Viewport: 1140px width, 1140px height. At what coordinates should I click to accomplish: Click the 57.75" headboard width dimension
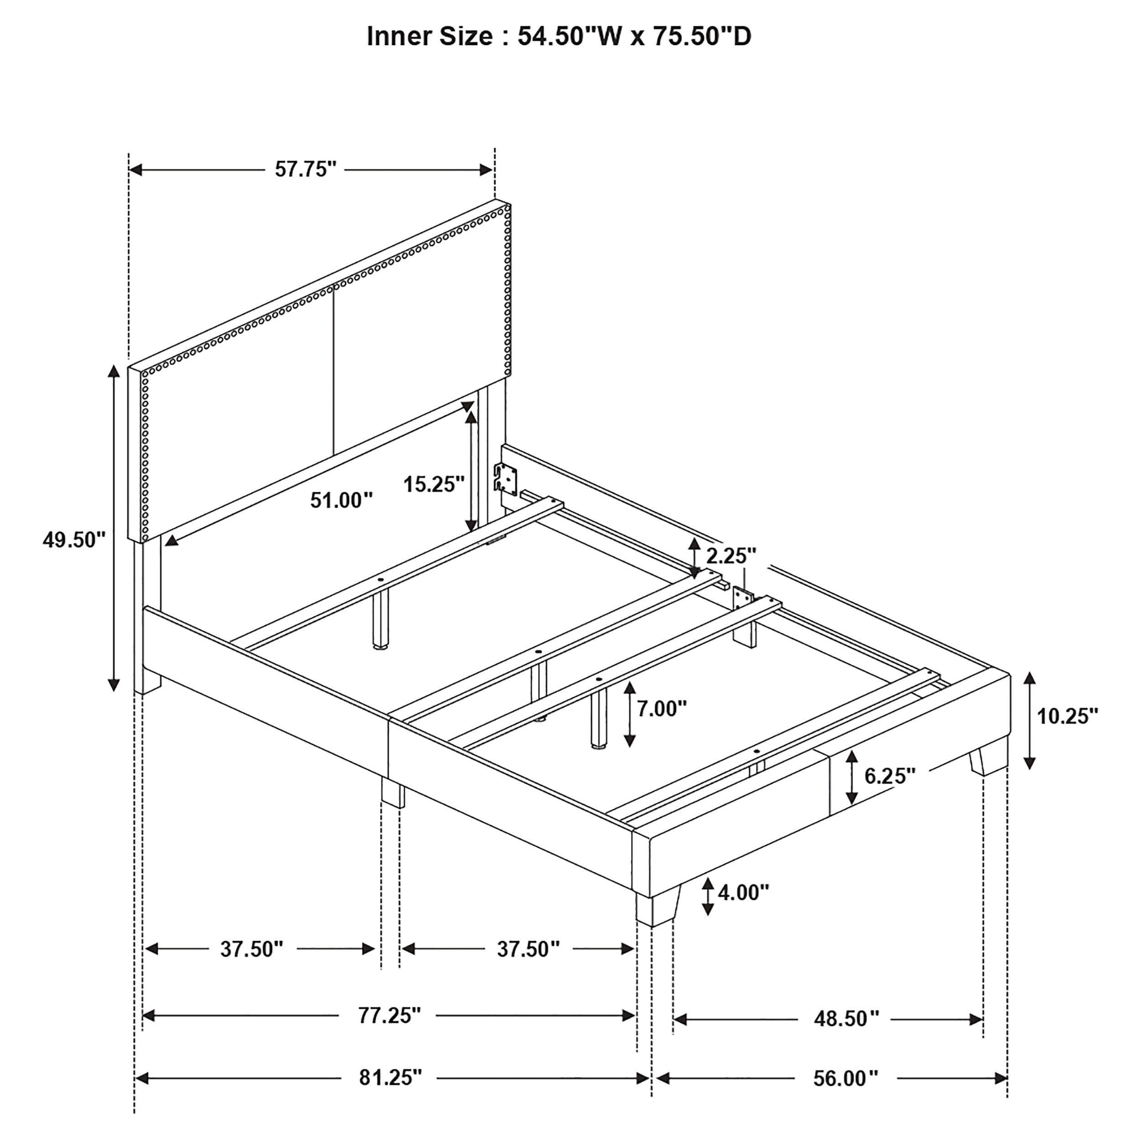coord(305,170)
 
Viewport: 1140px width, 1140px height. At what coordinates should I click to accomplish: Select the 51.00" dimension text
coord(342,500)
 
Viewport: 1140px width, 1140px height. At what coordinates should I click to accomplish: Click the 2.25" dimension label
coord(731,555)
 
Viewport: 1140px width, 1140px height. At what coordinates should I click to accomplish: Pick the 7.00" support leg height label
coord(662,708)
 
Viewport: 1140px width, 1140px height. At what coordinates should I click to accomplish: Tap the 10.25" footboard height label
coord(1067,716)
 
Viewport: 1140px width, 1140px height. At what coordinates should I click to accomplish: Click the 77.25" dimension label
coord(389,1016)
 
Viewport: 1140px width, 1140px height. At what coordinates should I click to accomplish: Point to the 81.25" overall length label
coord(391,1078)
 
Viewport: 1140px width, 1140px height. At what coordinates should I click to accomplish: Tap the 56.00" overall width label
coord(845,1078)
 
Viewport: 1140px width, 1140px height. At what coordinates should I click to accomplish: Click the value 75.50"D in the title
coord(702,36)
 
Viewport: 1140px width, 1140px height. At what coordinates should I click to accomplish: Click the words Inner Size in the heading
coord(429,36)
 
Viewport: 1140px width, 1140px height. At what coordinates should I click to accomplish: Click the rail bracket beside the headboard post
coord(506,477)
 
